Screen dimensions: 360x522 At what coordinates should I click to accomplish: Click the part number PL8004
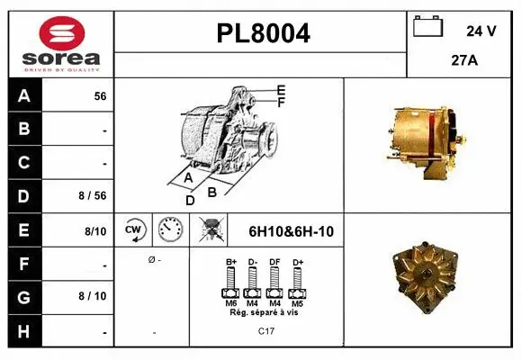click(263, 34)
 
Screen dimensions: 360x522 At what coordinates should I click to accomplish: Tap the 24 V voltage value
click(481, 31)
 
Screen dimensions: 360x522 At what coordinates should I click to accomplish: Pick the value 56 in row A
click(100, 96)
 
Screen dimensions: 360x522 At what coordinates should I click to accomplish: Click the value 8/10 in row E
click(95, 230)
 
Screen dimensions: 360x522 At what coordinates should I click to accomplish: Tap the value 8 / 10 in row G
click(94, 295)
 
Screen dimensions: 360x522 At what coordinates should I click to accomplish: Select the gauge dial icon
click(170, 230)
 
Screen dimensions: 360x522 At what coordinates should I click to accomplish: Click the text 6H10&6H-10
click(290, 231)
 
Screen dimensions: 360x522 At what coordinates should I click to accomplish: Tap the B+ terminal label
click(230, 262)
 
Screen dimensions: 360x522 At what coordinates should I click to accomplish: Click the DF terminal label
click(275, 262)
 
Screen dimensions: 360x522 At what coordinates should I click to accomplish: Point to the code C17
click(265, 330)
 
